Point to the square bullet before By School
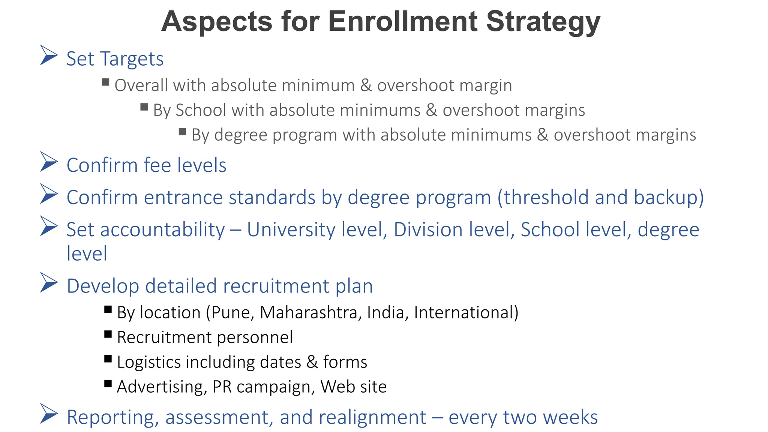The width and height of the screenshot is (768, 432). (144, 107)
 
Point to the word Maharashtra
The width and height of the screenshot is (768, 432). (309, 313)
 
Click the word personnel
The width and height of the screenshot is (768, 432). (255, 337)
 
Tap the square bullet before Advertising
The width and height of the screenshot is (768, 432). (108, 383)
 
